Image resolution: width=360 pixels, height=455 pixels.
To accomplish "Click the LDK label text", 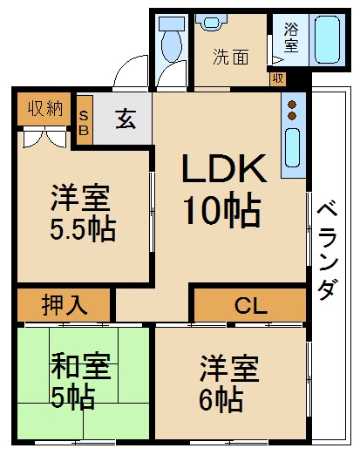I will (x=223, y=168).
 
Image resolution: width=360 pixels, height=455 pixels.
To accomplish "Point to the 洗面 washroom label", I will (x=231, y=58).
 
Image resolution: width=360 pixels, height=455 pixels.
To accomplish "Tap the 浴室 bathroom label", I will (x=289, y=37).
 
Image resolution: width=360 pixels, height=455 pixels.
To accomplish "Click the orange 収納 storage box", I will (x=44, y=109).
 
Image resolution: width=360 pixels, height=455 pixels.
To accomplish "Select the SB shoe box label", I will (x=84, y=120).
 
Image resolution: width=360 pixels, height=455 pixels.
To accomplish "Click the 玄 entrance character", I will (x=126, y=119).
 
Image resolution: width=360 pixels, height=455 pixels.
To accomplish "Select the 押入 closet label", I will (x=64, y=306).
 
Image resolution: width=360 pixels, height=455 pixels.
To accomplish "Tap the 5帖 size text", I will (x=75, y=398).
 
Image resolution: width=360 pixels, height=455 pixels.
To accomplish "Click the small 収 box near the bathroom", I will (x=277, y=78).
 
